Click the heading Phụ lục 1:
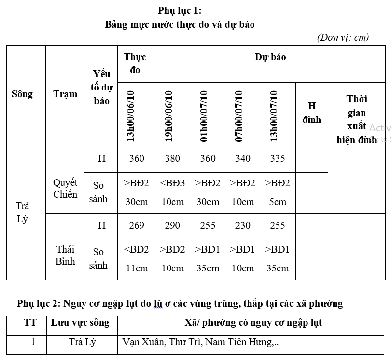click(179, 10)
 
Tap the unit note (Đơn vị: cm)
click(343, 37)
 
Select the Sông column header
click(23, 94)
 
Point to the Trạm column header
click(65, 94)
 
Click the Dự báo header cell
click(270, 57)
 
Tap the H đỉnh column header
click(311, 113)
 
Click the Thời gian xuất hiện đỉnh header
click(357, 119)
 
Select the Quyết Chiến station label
click(65, 188)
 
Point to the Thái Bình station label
click(65, 255)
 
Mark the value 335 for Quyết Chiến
click(278, 159)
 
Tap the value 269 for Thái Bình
click(137, 226)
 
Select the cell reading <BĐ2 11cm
click(137, 259)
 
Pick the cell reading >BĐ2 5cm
click(278, 192)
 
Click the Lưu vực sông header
click(80, 323)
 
